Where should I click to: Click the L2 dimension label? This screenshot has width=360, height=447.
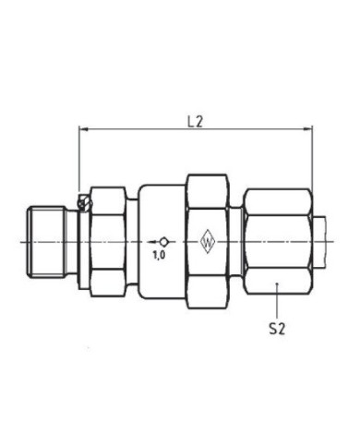196,121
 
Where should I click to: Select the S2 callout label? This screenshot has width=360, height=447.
276,327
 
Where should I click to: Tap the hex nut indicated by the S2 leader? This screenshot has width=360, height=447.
277,240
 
